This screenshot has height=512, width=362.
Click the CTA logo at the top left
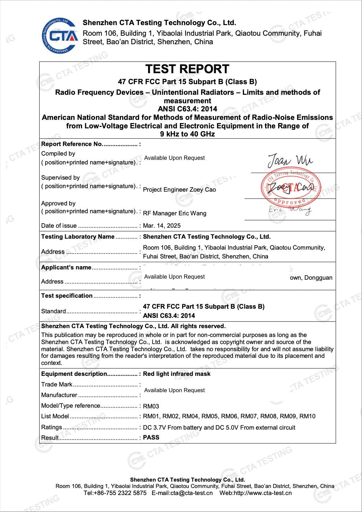(59, 36)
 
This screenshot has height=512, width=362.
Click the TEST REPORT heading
(187, 69)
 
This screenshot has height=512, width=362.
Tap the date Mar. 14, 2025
(162, 226)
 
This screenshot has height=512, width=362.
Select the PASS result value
(151, 437)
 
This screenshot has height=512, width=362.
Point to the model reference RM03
(151, 406)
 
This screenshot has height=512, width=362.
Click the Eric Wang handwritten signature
(290, 210)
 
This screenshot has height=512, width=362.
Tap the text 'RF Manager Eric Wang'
(175, 213)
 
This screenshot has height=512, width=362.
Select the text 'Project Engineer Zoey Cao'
(179, 190)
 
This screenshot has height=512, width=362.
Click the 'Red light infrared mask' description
(176, 374)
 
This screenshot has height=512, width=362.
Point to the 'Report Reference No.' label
(72, 144)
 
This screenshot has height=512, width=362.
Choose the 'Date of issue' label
(59, 226)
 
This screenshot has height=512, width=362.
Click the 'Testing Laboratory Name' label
(78, 237)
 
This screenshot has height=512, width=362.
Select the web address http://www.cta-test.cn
(263, 493)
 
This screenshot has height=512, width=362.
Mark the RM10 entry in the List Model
(307, 416)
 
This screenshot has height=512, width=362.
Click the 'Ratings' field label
(52, 427)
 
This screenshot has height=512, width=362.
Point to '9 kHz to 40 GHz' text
(187, 134)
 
